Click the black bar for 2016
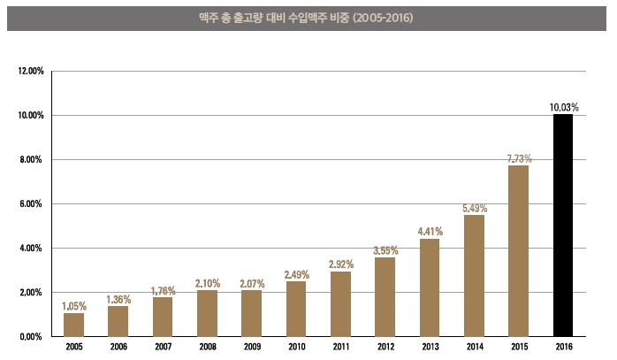563,226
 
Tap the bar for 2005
74,325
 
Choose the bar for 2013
430,287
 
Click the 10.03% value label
563,107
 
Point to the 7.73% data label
519,158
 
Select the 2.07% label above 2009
252,283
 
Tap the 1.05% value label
74,306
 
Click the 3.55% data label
385,250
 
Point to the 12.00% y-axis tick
31,71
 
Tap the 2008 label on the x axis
208,348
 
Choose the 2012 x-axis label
385,348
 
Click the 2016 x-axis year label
563,348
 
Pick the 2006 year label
118,348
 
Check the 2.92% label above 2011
341,264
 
